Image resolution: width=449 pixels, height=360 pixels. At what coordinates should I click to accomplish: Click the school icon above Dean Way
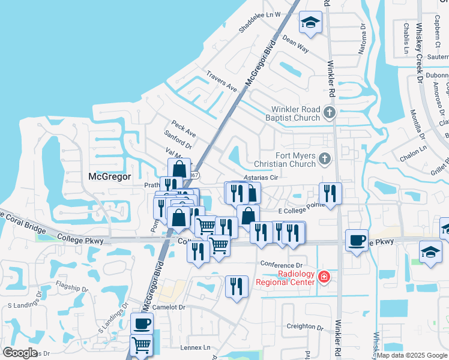coord(310,23)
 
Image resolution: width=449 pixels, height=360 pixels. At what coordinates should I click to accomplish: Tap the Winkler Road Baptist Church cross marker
coord(329,112)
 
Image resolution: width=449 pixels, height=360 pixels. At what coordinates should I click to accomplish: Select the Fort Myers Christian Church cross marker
coord(325,159)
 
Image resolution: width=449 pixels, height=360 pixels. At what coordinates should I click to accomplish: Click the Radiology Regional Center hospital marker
coord(325,277)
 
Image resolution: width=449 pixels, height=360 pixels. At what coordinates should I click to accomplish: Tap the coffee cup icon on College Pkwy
coord(357,241)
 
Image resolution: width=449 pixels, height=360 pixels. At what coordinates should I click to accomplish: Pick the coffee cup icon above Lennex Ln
coord(142,324)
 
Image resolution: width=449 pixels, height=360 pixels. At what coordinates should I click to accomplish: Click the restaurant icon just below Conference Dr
coord(237,286)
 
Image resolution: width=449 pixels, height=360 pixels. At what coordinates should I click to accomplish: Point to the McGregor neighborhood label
coord(109,176)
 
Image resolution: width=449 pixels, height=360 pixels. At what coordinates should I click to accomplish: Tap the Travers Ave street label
coord(221,83)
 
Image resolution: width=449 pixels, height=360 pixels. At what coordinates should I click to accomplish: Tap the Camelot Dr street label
coord(169,307)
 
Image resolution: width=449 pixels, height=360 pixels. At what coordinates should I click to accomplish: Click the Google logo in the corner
coord(20,353)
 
